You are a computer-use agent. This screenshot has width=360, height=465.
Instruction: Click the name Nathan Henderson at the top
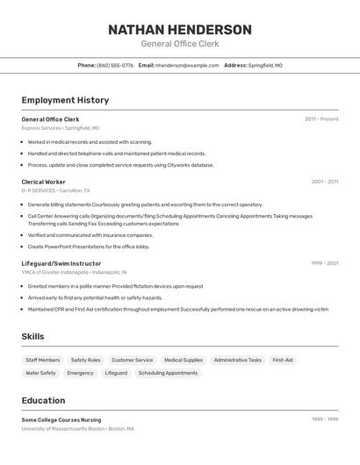(x=179, y=30)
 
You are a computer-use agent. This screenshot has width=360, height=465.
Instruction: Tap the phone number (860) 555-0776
(x=115, y=66)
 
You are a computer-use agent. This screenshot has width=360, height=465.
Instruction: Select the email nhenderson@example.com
(x=187, y=66)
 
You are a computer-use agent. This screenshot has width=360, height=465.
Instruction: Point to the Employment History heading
(x=65, y=101)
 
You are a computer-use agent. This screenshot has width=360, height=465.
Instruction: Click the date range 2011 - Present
(x=321, y=118)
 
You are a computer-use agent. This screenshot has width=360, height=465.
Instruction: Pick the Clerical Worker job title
(x=44, y=182)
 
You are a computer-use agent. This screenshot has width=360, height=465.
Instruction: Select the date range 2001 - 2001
(x=324, y=182)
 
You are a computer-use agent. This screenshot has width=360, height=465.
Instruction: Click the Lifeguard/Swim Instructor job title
(x=61, y=263)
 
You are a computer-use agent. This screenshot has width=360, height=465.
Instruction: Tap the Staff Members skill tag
(x=43, y=360)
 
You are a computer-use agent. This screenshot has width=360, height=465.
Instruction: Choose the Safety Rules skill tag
(x=86, y=360)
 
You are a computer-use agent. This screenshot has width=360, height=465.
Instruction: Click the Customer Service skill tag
(x=133, y=360)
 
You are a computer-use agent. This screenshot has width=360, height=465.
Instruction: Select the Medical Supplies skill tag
(x=184, y=360)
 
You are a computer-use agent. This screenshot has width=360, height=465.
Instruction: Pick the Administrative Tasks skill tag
(x=237, y=360)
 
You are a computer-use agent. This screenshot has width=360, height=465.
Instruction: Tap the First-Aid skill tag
(x=283, y=360)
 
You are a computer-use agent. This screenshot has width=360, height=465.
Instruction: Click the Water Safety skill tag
(x=40, y=373)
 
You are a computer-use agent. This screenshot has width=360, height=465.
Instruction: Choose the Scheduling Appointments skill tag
(x=168, y=373)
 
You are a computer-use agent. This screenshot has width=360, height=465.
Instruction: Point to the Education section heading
(x=43, y=400)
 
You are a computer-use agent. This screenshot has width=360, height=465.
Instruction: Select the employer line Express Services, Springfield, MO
(x=61, y=127)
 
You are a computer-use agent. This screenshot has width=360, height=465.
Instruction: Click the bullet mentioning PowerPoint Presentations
(x=89, y=247)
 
